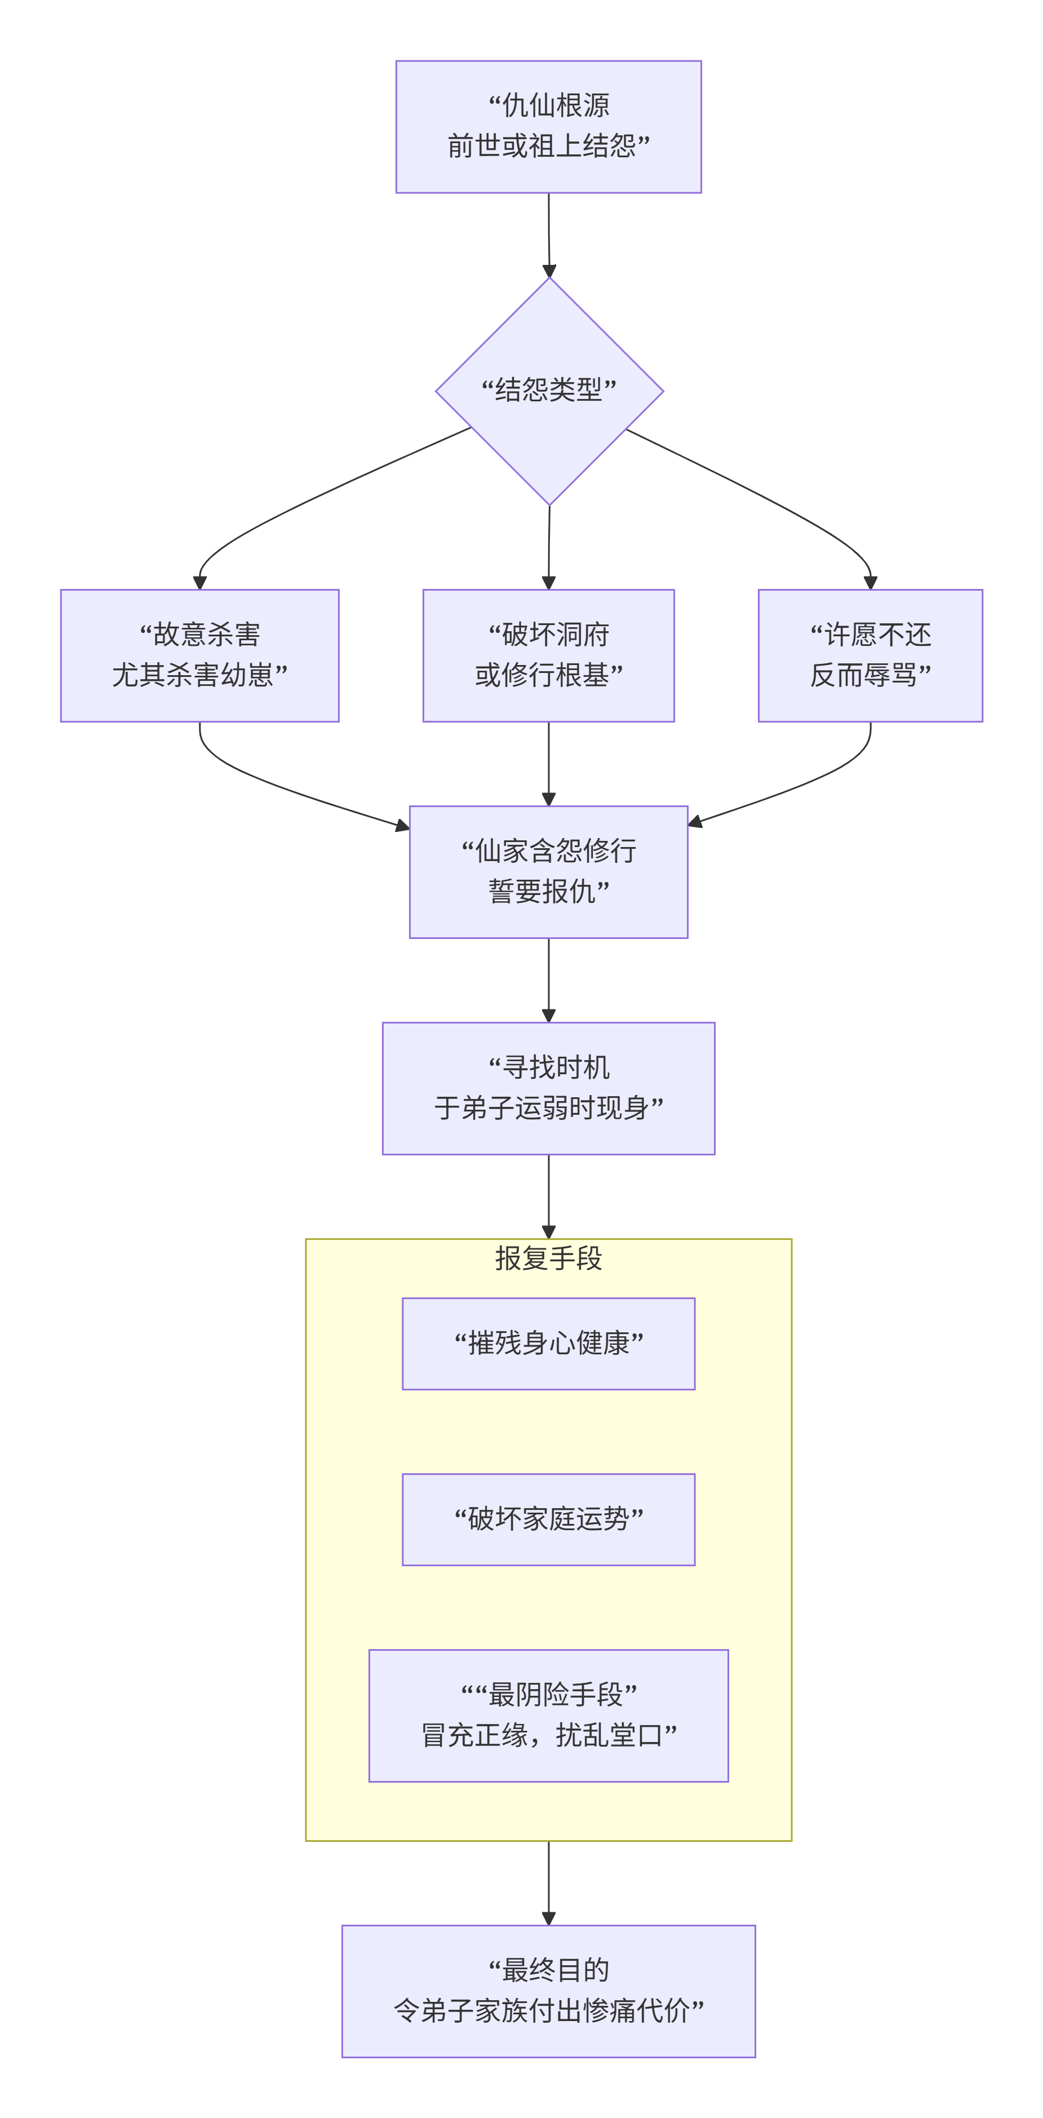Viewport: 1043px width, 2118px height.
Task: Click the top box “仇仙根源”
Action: [x=548, y=127]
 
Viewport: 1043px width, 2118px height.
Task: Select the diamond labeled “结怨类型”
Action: [x=548, y=391]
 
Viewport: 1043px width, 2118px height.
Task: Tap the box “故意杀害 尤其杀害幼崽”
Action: [x=199, y=655]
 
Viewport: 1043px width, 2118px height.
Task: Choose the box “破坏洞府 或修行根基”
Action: [x=548, y=655]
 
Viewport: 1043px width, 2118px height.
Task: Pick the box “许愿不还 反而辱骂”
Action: [x=869, y=655]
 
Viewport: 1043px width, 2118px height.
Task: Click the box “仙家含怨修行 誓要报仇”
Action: [x=548, y=871]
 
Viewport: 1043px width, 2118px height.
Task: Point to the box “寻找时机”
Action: [x=548, y=1088]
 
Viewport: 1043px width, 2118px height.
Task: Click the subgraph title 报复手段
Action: [x=548, y=1258]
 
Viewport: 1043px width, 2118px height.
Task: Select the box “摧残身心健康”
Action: [x=548, y=1344]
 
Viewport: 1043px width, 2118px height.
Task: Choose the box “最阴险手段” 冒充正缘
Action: [x=548, y=1715]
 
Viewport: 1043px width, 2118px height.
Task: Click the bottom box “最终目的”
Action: [x=548, y=1991]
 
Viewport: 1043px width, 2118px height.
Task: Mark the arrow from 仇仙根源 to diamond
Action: [x=549, y=234]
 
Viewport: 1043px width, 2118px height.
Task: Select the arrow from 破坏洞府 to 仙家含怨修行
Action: [x=548, y=763]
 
